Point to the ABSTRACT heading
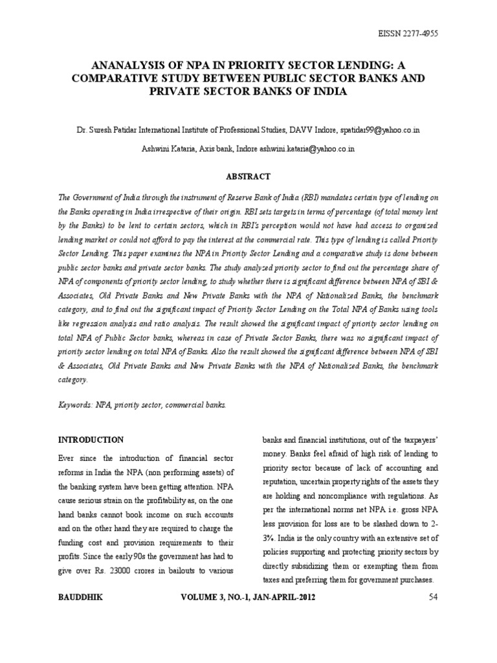[248, 176]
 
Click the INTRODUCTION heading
[91, 440]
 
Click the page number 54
[434, 597]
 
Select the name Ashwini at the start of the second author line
[155, 148]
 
